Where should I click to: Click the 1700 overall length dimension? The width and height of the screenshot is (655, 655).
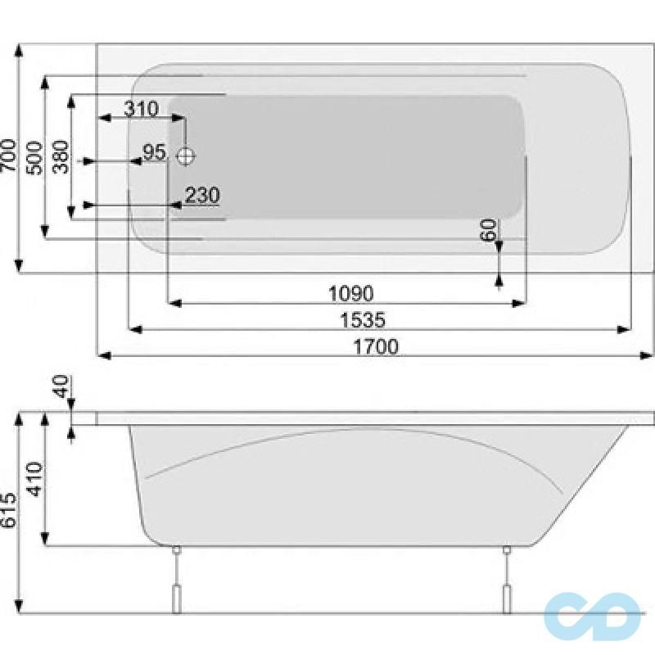[x=376, y=346]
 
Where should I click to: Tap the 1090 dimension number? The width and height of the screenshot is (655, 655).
[x=350, y=293]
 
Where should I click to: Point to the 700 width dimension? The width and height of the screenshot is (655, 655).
[x=9, y=153]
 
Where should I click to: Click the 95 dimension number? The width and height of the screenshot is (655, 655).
[x=154, y=152]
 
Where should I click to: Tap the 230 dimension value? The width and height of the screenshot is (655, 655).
[x=201, y=196]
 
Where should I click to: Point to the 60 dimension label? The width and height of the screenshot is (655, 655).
[x=489, y=230]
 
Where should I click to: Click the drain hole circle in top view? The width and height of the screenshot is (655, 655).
[x=187, y=154]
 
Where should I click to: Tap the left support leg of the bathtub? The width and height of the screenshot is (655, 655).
[x=174, y=581]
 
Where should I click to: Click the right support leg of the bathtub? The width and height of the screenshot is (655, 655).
[x=507, y=581]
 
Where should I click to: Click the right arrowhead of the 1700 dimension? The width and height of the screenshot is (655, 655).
[x=648, y=355]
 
